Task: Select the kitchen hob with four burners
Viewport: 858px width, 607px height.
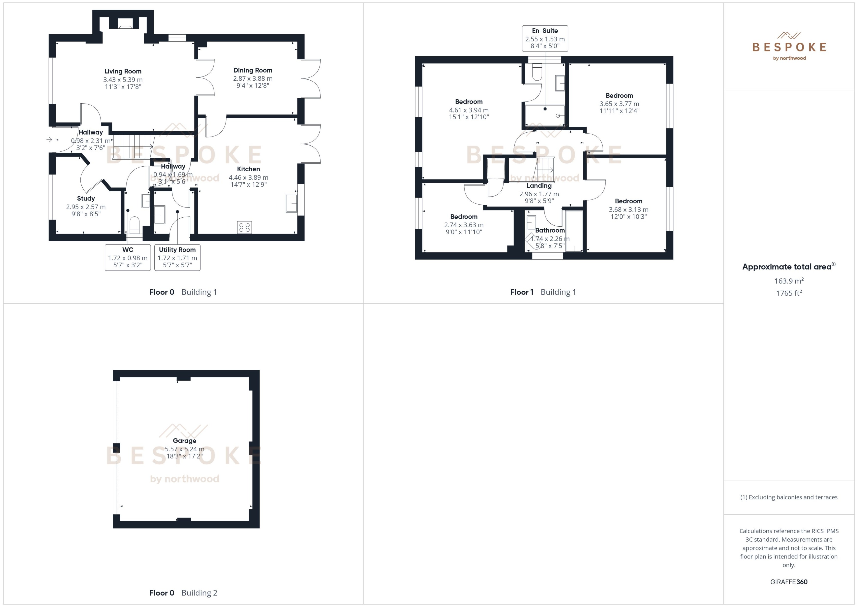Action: [x=244, y=227]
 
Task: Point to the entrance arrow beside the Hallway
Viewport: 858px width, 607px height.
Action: [x=49, y=139]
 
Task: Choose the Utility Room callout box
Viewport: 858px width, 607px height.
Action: [x=177, y=257]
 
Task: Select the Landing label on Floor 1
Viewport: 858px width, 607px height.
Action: [x=539, y=186]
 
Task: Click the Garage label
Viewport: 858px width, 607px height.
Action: [x=184, y=440]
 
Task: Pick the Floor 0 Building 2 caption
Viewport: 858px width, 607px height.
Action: [x=183, y=593]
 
